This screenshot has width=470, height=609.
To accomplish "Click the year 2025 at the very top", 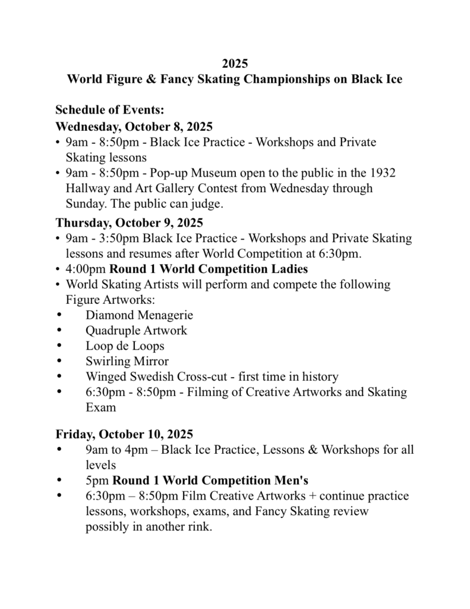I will pos(235,63).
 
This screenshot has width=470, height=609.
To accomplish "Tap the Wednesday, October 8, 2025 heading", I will pos(134,126).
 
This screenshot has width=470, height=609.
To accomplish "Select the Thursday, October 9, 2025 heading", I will pos(130,223).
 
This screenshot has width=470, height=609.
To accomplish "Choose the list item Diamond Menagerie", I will pos(139,315).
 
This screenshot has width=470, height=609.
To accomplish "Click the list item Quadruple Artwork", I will pos(136,330).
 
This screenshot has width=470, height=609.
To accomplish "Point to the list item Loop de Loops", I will pos(125,346).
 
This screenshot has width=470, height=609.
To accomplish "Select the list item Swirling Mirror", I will pos(127,361).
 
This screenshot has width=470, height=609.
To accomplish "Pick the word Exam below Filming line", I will pos(100,407).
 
